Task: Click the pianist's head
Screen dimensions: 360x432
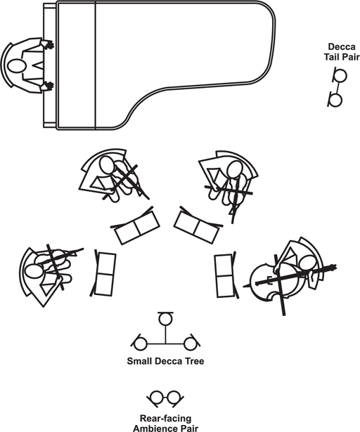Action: pos(17,67)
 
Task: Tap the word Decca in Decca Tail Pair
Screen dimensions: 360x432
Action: pos(342,47)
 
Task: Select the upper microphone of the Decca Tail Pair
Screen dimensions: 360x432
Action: pos(340,75)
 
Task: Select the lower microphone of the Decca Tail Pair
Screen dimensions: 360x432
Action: pos(335,100)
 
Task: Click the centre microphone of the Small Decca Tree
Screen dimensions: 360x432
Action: pos(165,318)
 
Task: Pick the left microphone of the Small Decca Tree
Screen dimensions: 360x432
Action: pos(140,343)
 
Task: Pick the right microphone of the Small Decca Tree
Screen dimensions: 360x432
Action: pos(191,343)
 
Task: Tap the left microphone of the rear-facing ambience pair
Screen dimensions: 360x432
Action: pos(156,398)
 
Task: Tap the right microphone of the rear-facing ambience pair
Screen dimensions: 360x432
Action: pos(174,398)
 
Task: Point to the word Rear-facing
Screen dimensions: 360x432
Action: pos(165,419)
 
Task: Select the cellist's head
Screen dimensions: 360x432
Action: pos(307,264)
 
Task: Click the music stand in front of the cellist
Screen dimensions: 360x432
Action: pos(225,276)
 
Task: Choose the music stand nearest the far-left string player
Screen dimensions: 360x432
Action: pos(103,274)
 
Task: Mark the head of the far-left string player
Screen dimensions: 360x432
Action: pos(32,271)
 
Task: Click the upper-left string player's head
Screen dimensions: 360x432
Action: pos(107,165)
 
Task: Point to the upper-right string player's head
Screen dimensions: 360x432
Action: pos(234,169)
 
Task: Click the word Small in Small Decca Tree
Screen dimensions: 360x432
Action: pos(139,361)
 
